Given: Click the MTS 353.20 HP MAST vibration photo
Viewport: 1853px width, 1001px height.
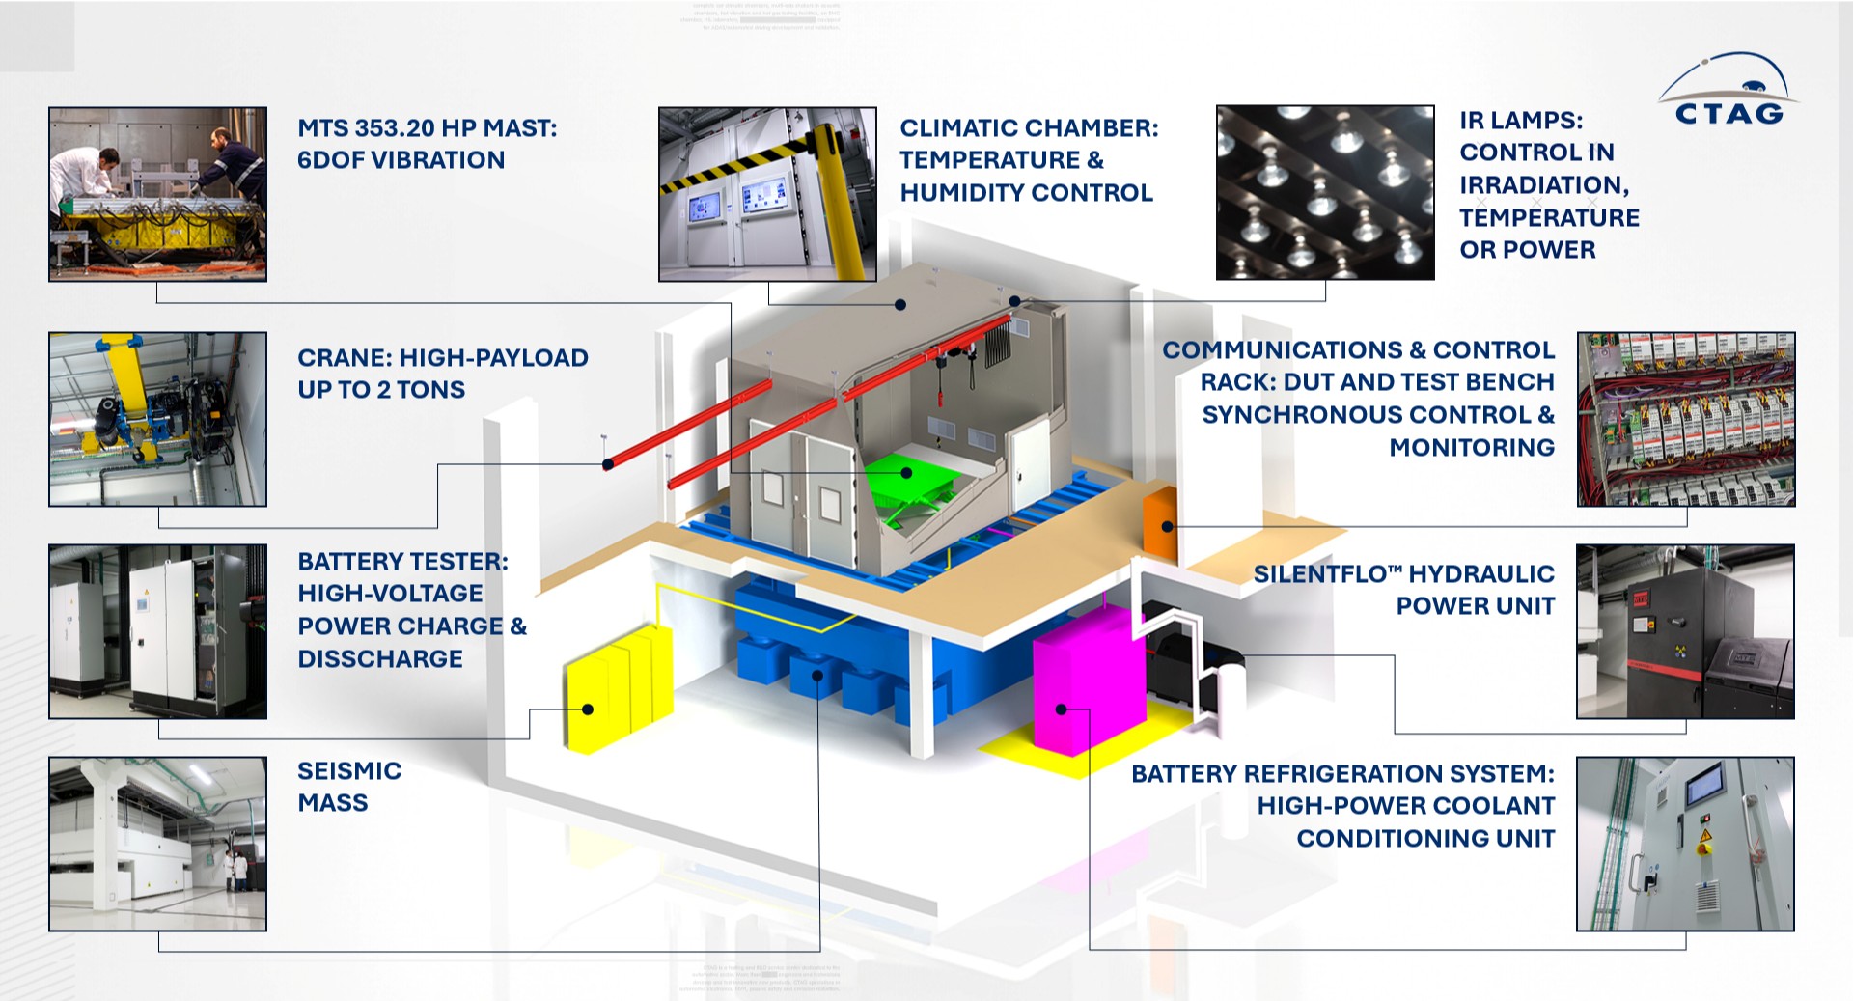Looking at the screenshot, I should pyautogui.click(x=157, y=194).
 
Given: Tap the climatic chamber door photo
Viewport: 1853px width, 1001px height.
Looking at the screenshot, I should pyautogui.click(x=767, y=194).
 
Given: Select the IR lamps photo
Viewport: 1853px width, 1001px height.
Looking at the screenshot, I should pyautogui.click(x=1324, y=193).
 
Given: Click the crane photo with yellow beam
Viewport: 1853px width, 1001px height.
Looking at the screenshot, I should pyautogui.click(x=157, y=419).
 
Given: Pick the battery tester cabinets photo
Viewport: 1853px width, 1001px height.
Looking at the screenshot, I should pyautogui.click(x=157, y=631).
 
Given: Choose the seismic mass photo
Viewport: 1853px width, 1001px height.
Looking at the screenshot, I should pyautogui.click(x=157, y=844).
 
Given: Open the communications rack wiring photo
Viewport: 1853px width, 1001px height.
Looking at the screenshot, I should pyautogui.click(x=1686, y=419).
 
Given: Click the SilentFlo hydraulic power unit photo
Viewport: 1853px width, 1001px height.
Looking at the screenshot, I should pyautogui.click(x=1685, y=631).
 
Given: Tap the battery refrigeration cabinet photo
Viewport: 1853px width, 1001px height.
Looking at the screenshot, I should pyautogui.click(x=1685, y=844).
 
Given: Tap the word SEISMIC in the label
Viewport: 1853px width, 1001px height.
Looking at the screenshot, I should pyautogui.click(x=349, y=770).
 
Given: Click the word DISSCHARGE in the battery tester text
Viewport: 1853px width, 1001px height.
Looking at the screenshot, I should pyautogui.click(x=380, y=659).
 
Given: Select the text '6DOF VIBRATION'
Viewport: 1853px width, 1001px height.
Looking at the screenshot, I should pyautogui.click(x=401, y=160).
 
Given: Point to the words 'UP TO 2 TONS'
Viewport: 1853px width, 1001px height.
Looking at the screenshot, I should pyautogui.click(x=381, y=390).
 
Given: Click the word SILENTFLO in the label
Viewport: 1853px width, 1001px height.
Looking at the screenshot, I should pyautogui.click(x=1319, y=574).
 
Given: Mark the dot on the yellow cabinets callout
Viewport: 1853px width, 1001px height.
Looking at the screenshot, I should pyautogui.click(x=588, y=709).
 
